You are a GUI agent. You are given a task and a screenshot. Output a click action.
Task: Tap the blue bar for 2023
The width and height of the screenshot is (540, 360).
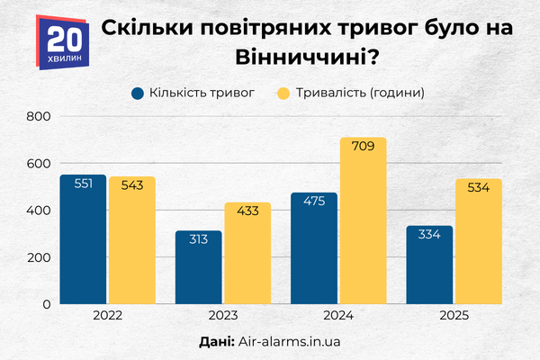(199, 270)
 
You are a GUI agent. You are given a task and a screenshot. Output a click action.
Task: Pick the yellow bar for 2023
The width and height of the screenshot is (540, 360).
(247, 256)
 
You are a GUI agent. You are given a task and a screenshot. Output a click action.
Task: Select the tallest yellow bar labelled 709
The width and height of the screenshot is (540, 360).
(363, 225)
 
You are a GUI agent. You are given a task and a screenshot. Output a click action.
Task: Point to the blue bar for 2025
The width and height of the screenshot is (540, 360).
(430, 268)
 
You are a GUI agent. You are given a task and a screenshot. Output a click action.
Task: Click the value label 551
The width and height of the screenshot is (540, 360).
(83, 184)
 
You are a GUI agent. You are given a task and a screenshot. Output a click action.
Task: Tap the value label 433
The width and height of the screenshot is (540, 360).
(247, 211)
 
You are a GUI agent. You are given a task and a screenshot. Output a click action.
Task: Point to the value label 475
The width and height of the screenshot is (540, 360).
(314, 202)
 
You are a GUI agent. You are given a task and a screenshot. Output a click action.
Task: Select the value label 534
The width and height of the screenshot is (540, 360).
(479, 187)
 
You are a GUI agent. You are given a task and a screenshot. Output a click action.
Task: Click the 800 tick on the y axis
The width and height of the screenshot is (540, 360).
(39, 117)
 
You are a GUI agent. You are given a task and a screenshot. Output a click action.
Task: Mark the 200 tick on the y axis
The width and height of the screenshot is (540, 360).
(39, 257)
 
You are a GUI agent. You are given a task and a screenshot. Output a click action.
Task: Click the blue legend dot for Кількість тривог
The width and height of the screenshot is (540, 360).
(138, 93)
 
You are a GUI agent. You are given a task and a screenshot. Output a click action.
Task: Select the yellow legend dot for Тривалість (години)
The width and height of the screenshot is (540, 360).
(283, 93)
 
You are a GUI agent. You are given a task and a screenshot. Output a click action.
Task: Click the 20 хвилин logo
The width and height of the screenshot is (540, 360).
(66, 42)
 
